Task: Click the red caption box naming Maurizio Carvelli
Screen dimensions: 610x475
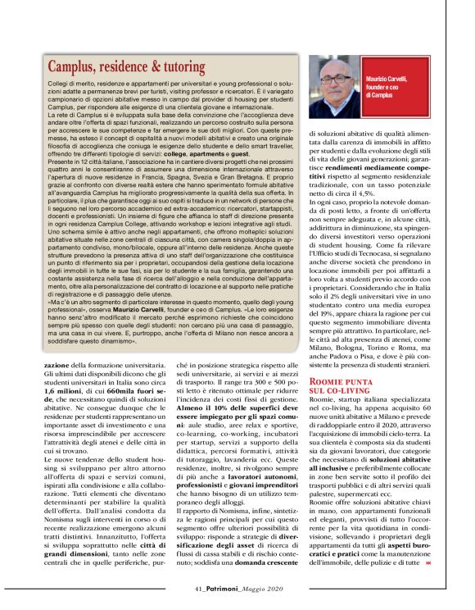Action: click(x=391, y=85)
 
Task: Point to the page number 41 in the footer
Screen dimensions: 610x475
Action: click(x=201, y=588)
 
